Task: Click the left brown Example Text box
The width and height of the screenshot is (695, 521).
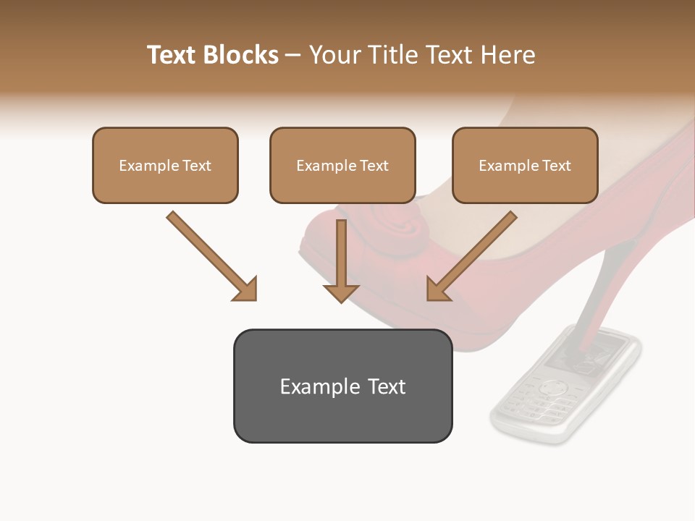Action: [165, 166]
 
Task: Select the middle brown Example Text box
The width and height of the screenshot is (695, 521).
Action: [342, 166]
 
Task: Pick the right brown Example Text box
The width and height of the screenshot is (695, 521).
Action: [525, 166]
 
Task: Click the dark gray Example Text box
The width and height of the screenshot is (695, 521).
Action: [342, 386]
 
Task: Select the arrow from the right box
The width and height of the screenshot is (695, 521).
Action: [474, 253]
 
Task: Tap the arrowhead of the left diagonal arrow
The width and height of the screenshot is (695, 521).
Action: [245, 289]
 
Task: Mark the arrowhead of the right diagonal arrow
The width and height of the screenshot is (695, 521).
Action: [438, 289]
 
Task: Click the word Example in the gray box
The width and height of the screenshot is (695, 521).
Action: [310, 386]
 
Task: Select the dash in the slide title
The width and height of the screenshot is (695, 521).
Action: [293, 55]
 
